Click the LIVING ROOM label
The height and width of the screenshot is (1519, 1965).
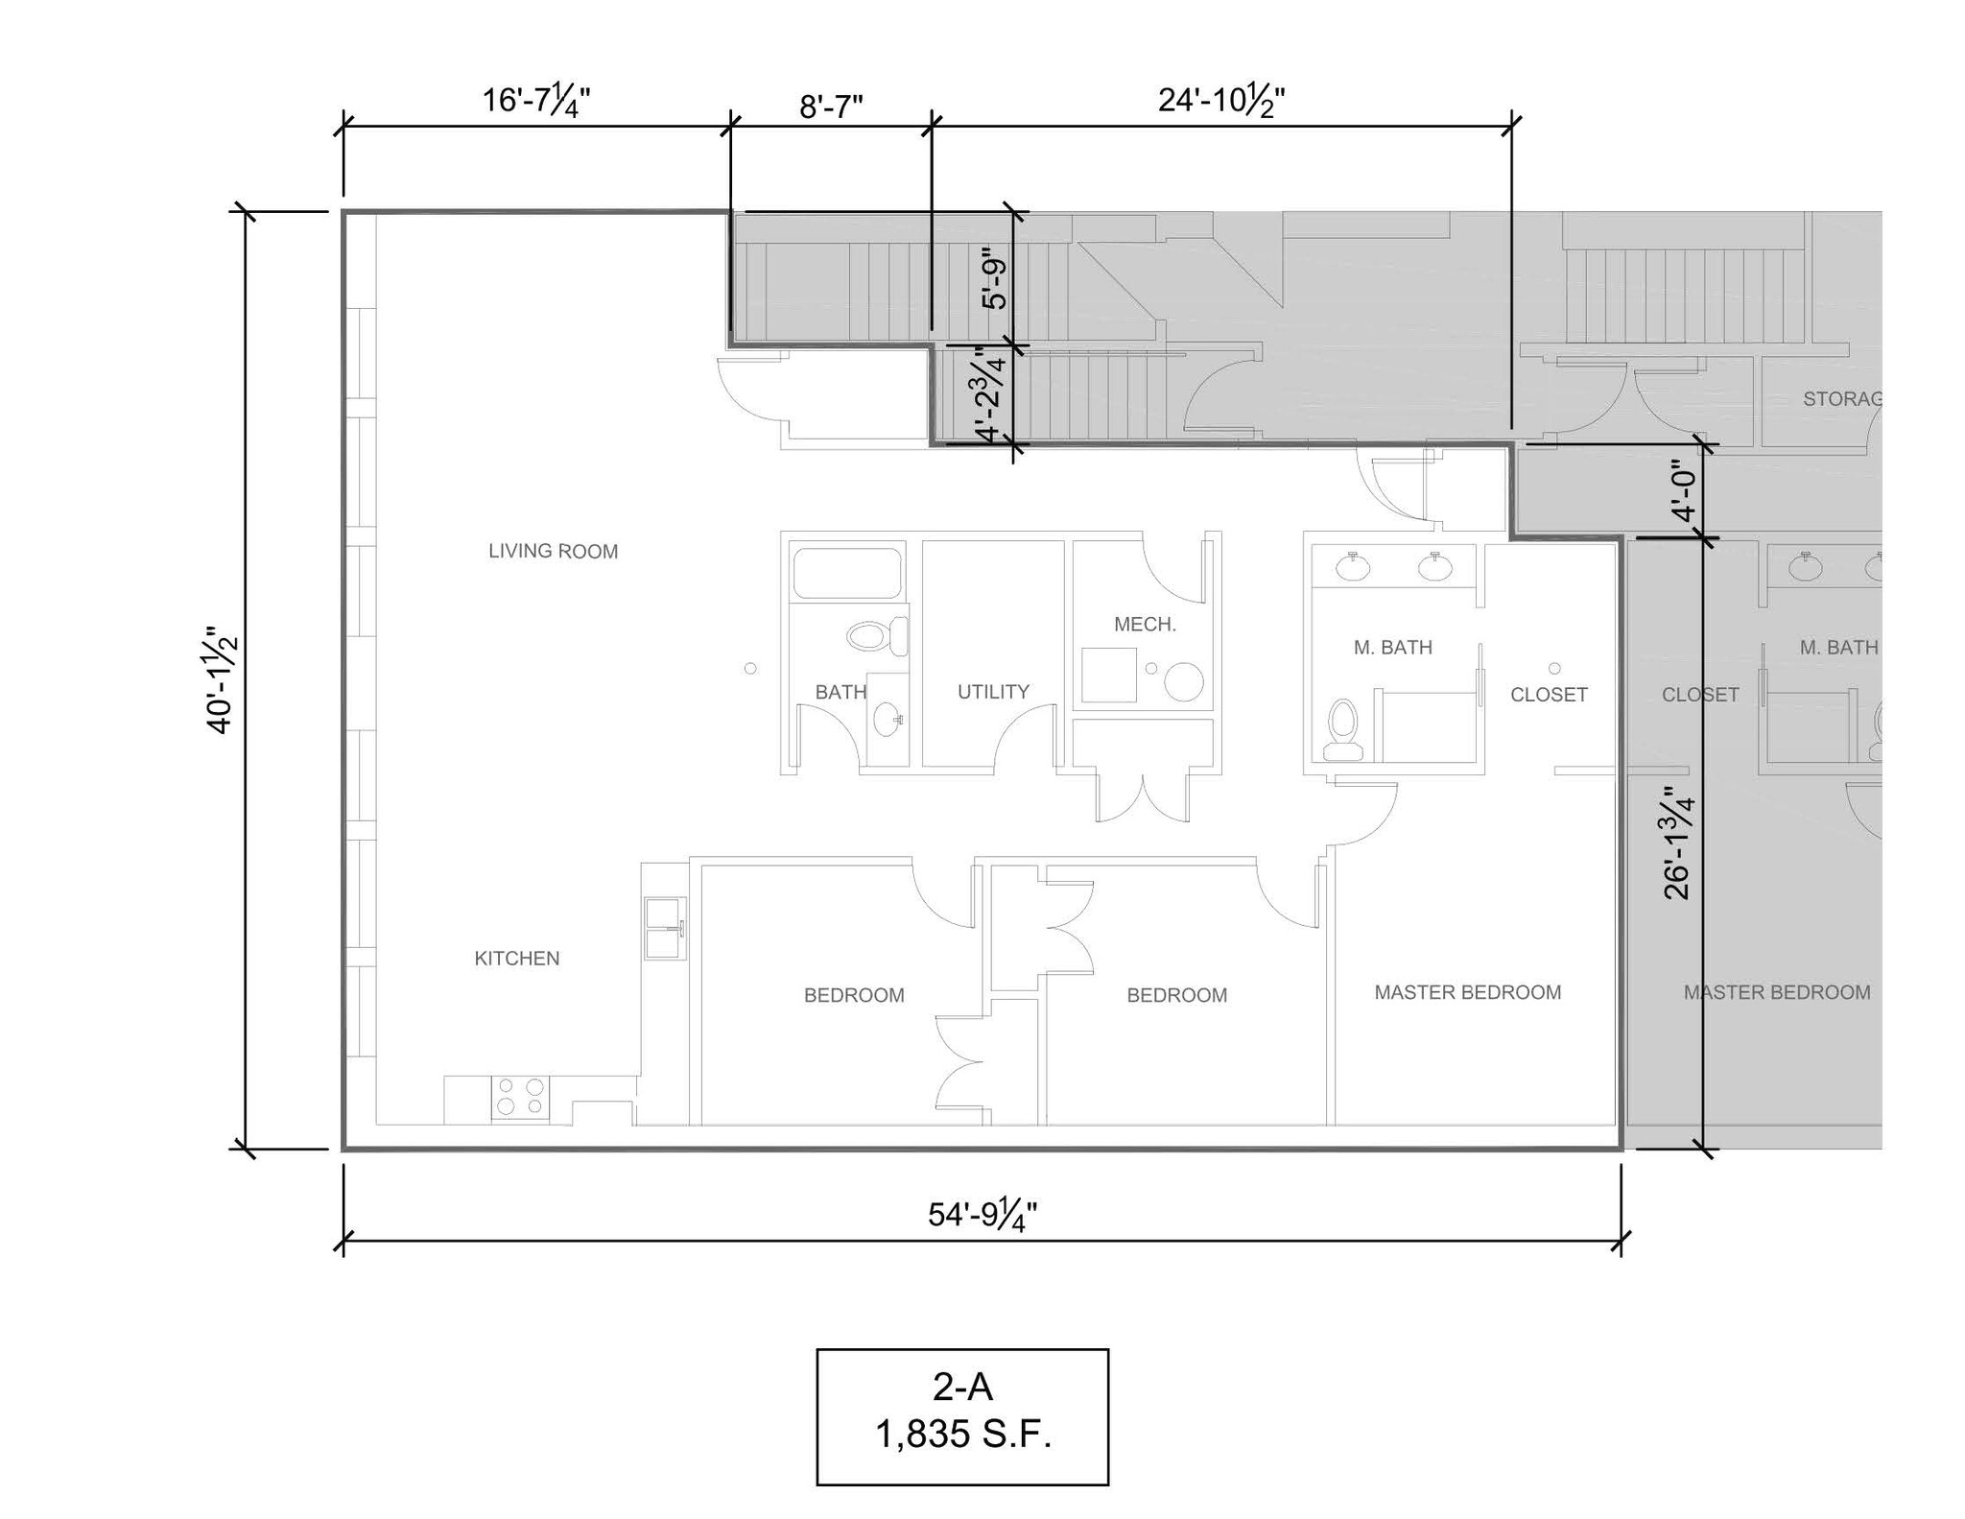tap(553, 551)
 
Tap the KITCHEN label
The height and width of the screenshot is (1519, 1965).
tap(516, 958)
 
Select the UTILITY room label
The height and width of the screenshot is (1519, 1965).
tap(993, 691)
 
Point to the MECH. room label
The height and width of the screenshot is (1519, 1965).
tap(1144, 625)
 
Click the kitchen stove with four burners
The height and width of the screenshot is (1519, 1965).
tap(520, 1097)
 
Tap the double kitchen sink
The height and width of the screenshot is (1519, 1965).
tap(664, 928)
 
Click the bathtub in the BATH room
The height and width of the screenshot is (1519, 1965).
tap(847, 573)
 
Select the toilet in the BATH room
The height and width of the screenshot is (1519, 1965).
tap(877, 636)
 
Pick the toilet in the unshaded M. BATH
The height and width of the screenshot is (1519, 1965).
tap(1343, 729)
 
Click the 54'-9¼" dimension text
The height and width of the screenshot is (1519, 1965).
tap(982, 1214)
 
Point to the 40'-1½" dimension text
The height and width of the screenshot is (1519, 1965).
tap(221, 681)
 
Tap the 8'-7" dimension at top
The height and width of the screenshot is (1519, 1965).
tap(831, 107)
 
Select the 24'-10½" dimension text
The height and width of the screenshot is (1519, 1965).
tap(1220, 100)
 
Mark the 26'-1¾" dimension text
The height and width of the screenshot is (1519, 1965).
tap(1677, 844)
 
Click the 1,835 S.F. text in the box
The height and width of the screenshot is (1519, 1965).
tap(962, 1435)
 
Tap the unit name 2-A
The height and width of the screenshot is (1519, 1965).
tap(962, 1387)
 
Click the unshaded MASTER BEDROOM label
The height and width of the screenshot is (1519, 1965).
tap(1467, 992)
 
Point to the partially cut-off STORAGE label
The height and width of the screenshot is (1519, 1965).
tap(1840, 398)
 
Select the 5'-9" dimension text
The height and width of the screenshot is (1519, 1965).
tap(995, 283)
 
